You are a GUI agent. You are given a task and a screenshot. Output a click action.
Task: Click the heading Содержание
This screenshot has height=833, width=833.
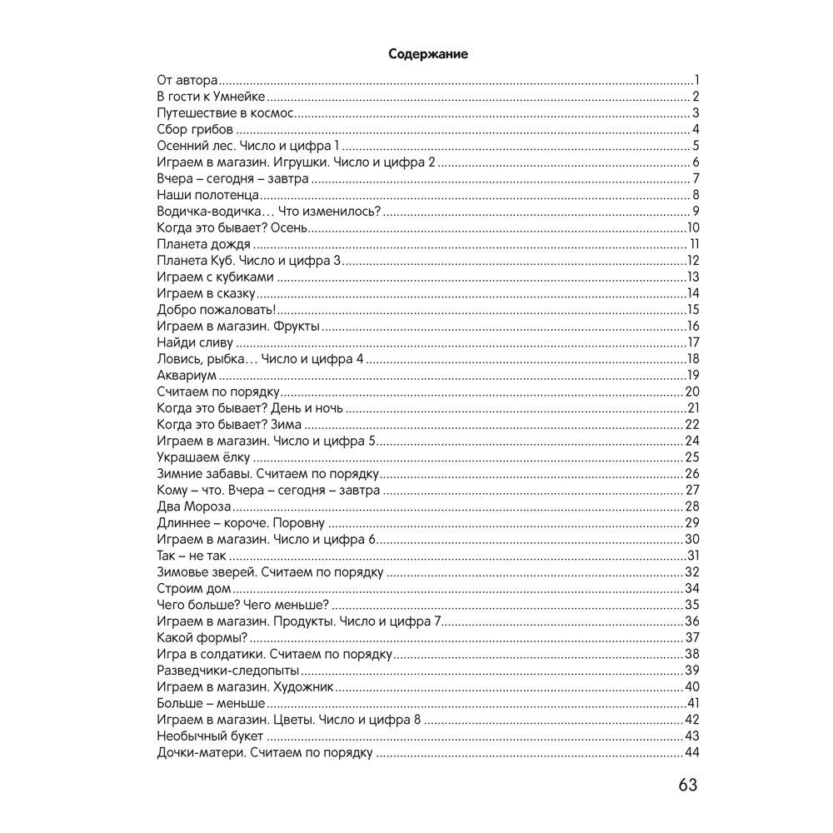click(428, 54)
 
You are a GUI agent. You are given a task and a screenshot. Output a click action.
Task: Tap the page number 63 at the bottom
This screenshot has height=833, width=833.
click(687, 785)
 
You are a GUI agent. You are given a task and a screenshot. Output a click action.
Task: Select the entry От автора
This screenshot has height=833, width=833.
click(187, 81)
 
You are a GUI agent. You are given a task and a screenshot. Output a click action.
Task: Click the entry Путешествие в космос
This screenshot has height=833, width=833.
click(226, 113)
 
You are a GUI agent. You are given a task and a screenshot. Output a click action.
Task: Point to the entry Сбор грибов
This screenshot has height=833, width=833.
click(194, 129)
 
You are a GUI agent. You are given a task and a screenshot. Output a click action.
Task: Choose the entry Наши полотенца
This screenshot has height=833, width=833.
click(202, 194)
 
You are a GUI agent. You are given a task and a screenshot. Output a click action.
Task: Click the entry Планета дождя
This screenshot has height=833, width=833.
click(203, 243)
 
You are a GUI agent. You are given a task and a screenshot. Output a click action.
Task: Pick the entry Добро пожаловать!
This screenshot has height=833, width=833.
click(210, 309)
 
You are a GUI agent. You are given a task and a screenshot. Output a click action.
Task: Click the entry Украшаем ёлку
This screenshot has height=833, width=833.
click(203, 456)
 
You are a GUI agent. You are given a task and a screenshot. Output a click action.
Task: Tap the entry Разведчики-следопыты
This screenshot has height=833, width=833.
click(228, 670)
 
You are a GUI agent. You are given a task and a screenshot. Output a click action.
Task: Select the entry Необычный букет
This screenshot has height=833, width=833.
click(210, 736)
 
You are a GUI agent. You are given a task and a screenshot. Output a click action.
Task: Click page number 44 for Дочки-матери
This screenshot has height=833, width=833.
click(691, 752)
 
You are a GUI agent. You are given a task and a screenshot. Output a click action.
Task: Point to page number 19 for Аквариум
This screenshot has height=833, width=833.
click(692, 375)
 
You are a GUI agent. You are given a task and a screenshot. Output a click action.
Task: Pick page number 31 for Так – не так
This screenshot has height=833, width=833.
click(692, 556)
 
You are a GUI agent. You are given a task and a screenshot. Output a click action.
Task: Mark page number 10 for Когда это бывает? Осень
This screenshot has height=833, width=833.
click(692, 227)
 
